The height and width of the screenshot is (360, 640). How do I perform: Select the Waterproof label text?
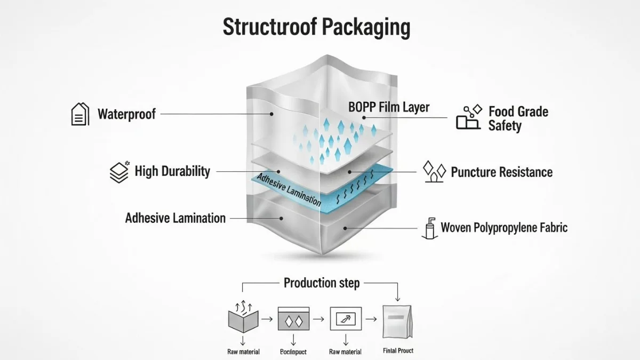[x=127, y=114]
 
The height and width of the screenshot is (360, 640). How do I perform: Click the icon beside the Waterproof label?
[x=80, y=114]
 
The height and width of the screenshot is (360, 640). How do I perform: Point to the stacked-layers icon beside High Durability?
[x=119, y=172]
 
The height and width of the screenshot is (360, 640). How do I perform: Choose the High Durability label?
[x=172, y=171]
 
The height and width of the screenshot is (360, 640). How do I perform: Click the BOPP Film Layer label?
[x=389, y=107]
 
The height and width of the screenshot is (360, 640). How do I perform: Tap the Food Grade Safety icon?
[x=468, y=118]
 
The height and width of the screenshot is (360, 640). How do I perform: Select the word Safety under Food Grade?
[x=505, y=126]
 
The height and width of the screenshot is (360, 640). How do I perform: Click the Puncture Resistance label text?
[x=501, y=172]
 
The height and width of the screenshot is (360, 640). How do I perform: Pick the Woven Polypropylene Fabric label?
[x=504, y=228]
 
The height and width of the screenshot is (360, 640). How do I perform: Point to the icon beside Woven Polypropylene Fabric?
[x=429, y=228]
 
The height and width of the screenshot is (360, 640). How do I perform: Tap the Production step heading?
[x=321, y=283]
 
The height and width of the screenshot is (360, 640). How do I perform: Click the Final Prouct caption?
[x=398, y=350]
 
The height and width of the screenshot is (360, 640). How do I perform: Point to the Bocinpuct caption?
[x=293, y=352]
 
